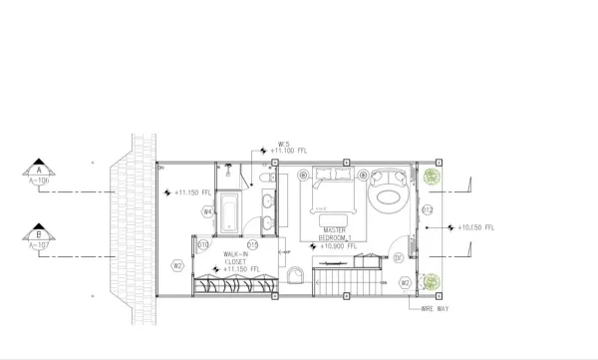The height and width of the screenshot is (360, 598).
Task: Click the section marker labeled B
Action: tap(39, 236)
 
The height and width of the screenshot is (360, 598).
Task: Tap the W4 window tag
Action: tap(208, 211)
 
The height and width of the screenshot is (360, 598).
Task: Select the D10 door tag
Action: tap(203, 244)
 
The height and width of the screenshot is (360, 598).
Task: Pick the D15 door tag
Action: tap(253, 244)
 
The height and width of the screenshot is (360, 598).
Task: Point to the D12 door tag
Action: tap(427, 210)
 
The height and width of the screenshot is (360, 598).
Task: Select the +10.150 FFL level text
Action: tap(474, 228)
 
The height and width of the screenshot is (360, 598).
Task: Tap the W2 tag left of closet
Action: tap(177, 265)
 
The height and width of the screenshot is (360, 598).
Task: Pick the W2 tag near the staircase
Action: tap(406, 282)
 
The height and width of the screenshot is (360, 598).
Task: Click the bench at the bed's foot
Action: tap(335, 211)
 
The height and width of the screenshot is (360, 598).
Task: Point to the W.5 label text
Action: tap(283, 143)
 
